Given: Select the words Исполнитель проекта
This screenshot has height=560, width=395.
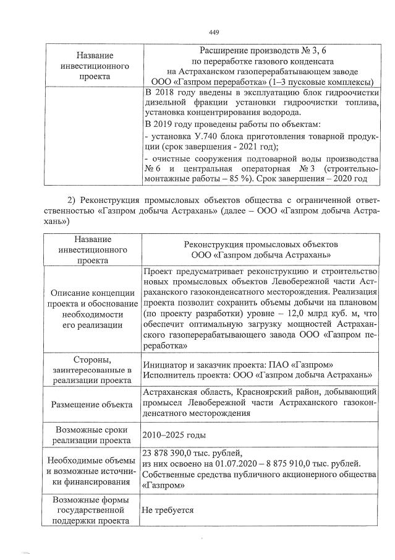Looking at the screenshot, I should pos(184,375).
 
